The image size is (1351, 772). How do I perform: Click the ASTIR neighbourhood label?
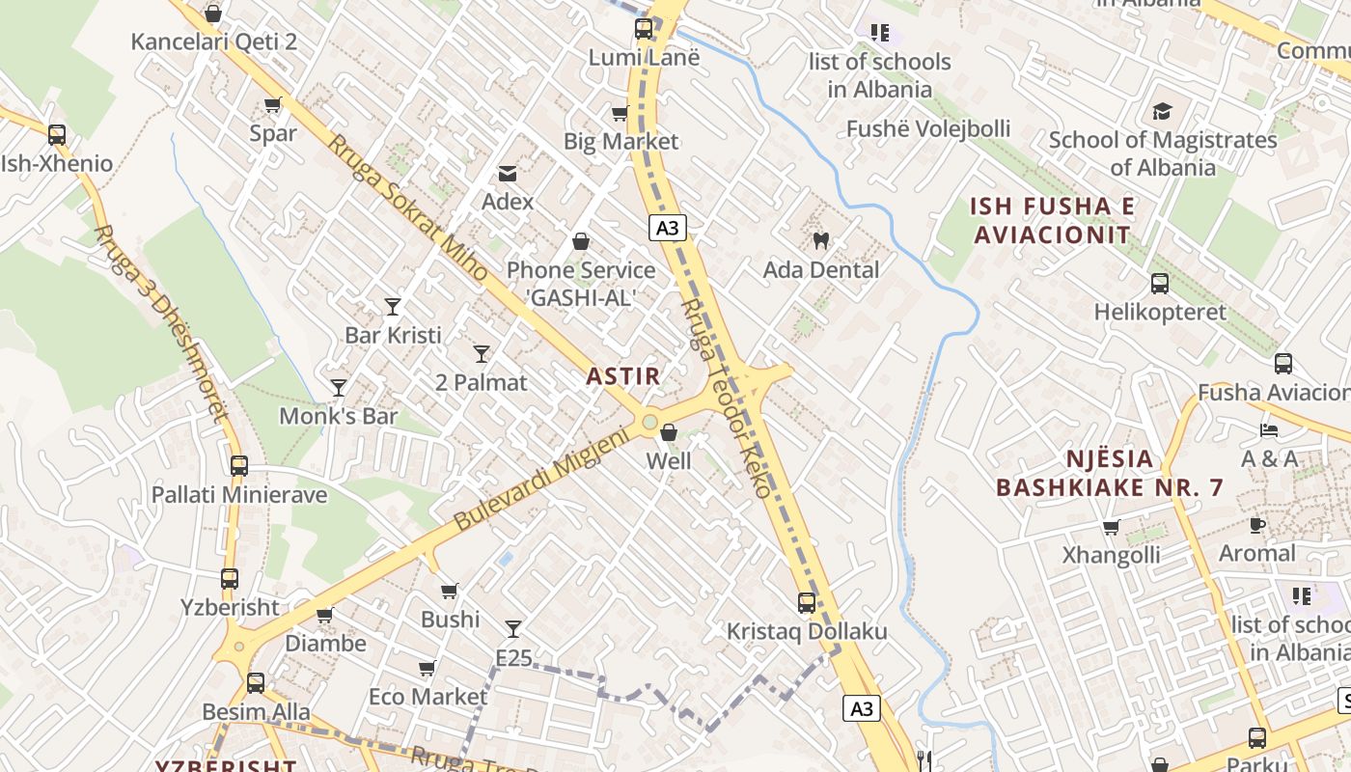[x=623, y=376]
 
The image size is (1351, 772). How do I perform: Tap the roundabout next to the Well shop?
[x=649, y=422]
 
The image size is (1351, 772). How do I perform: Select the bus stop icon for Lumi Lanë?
[x=644, y=29]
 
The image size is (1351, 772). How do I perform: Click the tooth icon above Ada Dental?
[x=821, y=240]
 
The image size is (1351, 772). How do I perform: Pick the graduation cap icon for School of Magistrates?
[x=1162, y=111]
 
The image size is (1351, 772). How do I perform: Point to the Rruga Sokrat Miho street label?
[x=408, y=207]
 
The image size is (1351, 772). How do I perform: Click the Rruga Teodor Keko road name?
[x=727, y=398]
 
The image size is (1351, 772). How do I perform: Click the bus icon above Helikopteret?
[x=1160, y=284]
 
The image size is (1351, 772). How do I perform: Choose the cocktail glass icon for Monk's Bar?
[x=339, y=388]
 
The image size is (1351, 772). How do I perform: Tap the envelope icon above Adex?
[x=507, y=174]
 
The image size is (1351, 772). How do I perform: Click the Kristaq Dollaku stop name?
[x=807, y=632]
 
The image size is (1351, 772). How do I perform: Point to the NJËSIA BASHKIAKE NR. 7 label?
[x=1110, y=473]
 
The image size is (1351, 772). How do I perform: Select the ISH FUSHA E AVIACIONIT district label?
[x=1053, y=220]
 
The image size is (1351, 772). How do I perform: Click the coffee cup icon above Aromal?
[x=1256, y=526]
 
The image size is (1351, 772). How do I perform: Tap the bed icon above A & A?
[x=1269, y=430]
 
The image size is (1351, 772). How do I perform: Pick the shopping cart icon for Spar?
[x=273, y=104]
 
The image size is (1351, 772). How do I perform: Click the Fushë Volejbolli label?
[x=928, y=129]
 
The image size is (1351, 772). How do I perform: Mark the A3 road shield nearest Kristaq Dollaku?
[x=862, y=708]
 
